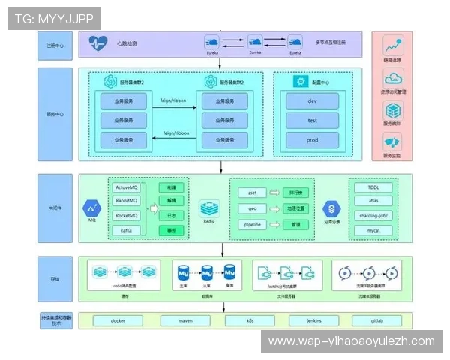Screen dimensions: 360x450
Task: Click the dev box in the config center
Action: point(312,100)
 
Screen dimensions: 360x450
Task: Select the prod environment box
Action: point(312,140)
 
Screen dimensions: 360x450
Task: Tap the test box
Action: point(312,120)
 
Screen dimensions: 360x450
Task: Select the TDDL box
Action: point(374,187)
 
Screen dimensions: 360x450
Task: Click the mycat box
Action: point(374,230)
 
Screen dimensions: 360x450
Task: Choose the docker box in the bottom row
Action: point(117,320)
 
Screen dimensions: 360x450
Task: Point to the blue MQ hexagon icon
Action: point(92,208)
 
